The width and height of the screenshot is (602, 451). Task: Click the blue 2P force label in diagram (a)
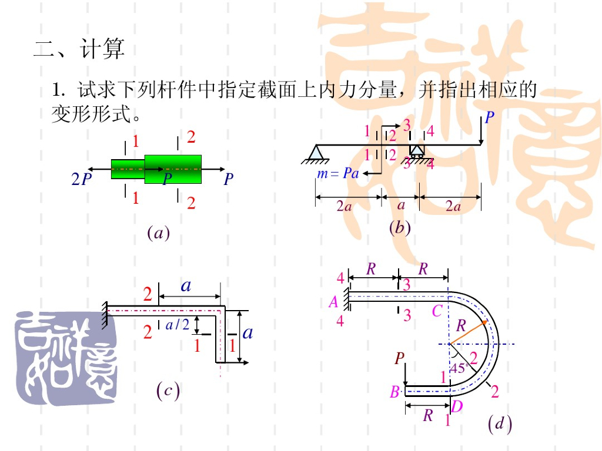pyautogui.click(x=82, y=179)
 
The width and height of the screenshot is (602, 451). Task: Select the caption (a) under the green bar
pyautogui.click(x=158, y=233)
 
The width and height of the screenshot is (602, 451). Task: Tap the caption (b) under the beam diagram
pyautogui.click(x=400, y=227)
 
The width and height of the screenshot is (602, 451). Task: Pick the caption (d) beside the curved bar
pyautogui.click(x=500, y=423)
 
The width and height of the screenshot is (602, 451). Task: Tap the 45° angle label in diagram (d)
pyautogui.click(x=459, y=369)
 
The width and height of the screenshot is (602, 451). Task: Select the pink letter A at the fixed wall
pyautogui.click(x=333, y=302)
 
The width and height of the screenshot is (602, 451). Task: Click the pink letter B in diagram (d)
pyautogui.click(x=394, y=392)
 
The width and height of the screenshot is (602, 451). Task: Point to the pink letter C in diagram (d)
pyautogui.click(x=437, y=311)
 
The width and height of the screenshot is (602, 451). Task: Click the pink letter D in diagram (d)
pyautogui.click(x=456, y=406)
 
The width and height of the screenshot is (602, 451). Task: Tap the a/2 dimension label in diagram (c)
pyautogui.click(x=178, y=324)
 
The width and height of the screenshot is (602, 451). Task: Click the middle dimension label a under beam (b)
pyautogui.click(x=401, y=206)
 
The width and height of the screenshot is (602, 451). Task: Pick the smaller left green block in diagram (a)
pyautogui.click(x=128, y=169)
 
